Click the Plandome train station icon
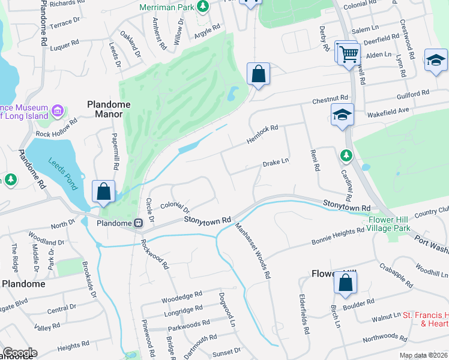(138, 223)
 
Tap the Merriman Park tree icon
(203, 7)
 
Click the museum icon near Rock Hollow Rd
(58, 110)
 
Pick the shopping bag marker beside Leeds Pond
(104, 192)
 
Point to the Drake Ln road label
(276, 163)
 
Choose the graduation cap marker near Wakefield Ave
(342, 115)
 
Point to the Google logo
(19, 353)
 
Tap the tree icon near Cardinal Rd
(346, 156)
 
